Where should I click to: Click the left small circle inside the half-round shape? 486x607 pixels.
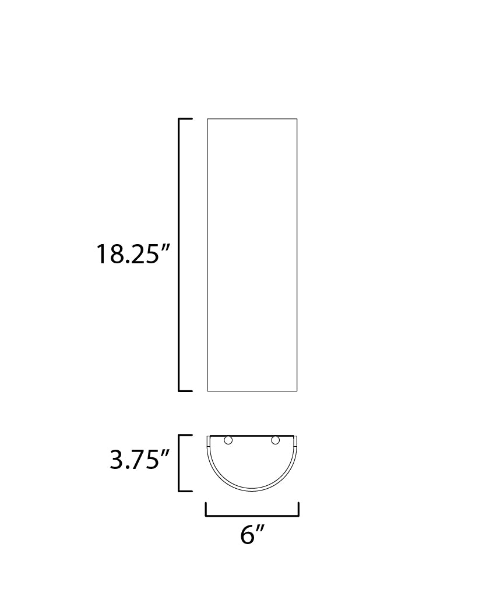click(x=228, y=440)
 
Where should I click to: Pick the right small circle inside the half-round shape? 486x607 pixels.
click(x=276, y=440)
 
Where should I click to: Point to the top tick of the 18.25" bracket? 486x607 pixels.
click(x=185, y=119)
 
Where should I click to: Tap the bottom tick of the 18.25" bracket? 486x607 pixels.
click(x=185, y=390)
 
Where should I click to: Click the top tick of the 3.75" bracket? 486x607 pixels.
click(x=185, y=435)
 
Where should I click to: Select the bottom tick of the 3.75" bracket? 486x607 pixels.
click(x=185, y=490)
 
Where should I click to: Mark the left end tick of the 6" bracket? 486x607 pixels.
click(x=206, y=510)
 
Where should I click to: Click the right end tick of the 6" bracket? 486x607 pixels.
click(x=298, y=510)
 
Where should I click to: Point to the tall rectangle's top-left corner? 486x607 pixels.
click(x=207, y=119)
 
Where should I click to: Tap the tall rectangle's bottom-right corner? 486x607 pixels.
click(x=297, y=391)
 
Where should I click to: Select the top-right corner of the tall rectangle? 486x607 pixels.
click(x=297, y=119)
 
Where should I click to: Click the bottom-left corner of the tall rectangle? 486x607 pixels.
click(x=207, y=391)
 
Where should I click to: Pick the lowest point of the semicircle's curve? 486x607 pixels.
click(x=252, y=490)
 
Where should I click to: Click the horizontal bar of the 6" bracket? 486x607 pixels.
click(x=252, y=516)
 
